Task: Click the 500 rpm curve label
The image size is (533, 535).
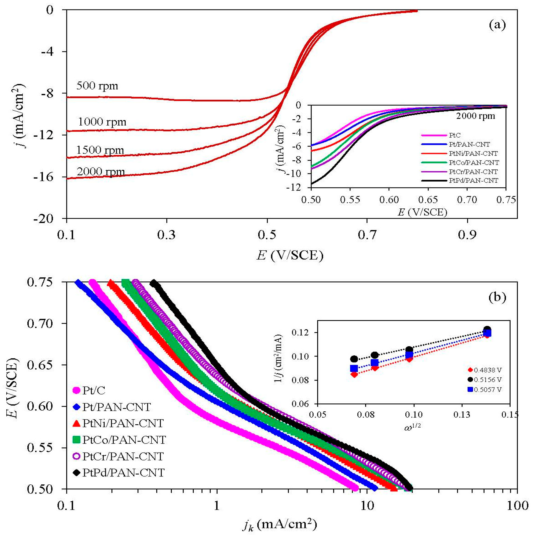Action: (x=97, y=86)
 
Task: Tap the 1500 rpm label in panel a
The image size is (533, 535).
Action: (x=100, y=150)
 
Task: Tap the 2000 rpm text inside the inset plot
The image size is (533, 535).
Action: (x=475, y=116)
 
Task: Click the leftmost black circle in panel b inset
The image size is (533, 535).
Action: (x=354, y=359)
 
